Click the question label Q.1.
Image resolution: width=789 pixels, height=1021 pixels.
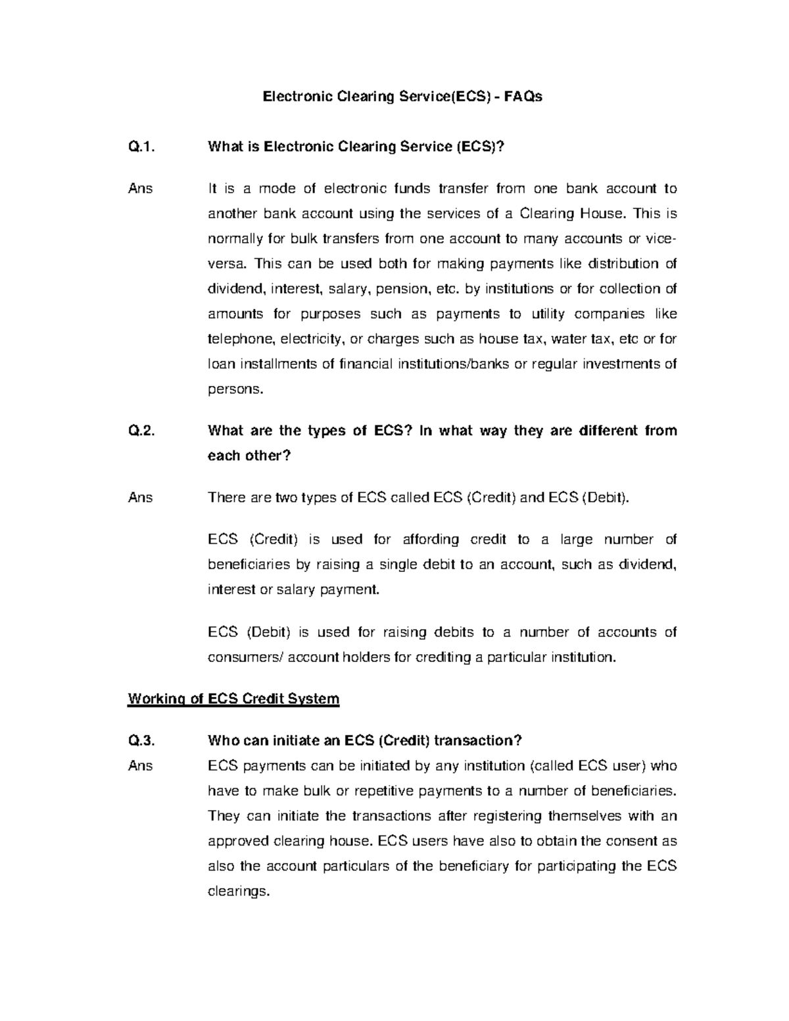coord(141,147)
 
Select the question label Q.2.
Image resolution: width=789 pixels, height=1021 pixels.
coord(141,431)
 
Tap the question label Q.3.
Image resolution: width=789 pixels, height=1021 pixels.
coord(141,741)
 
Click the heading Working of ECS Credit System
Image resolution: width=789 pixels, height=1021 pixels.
coord(233,699)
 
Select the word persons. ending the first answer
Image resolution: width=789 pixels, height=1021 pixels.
coord(235,389)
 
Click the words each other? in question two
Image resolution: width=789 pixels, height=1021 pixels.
coord(249,456)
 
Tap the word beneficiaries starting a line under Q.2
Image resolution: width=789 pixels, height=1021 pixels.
coord(249,565)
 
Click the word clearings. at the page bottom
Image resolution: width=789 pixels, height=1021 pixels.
coord(239,892)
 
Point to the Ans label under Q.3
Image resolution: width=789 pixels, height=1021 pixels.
coord(141,766)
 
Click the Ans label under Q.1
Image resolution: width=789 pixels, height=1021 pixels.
coord(141,189)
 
